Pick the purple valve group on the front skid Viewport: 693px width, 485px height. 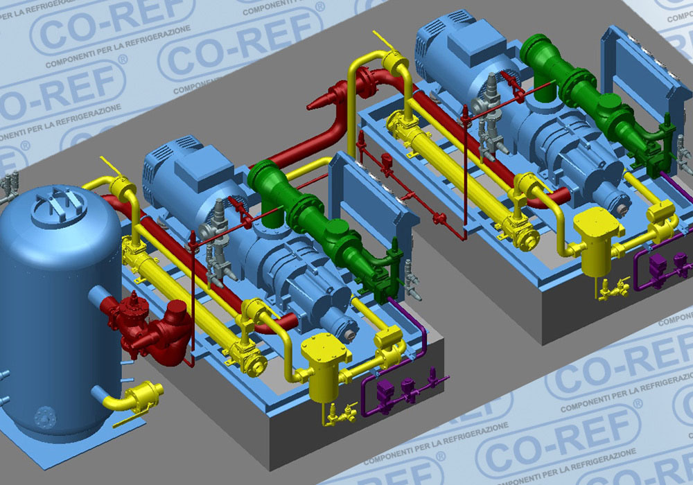[x=398, y=389]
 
